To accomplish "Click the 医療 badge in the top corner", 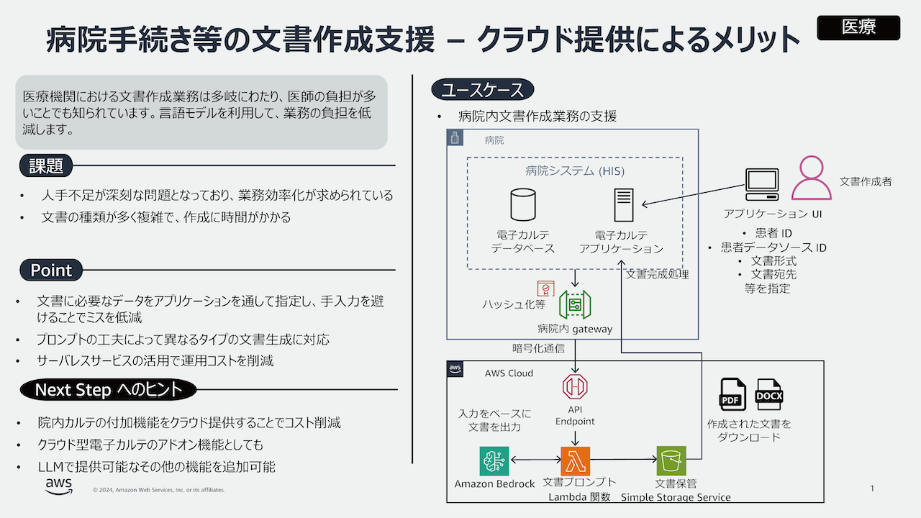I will tap(858, 27).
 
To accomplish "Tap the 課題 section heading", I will tap(47, 166).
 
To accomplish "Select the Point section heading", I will tap(51, 271).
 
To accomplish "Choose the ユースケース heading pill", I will tap(483, 90).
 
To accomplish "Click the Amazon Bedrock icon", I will tap(494, 460).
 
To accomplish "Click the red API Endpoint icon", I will tap(575, 386).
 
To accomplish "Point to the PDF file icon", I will tap(733, 395).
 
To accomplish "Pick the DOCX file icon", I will tap(769, 395).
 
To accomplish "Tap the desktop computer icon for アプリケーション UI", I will tap(762, 185).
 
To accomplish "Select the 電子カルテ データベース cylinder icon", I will tap(522, 204).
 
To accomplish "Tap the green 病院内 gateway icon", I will tap(575, 305).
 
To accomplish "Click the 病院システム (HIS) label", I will tap(574, 171).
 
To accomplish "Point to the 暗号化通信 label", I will tap(538, 348).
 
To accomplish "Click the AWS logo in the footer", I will tap(58, 487).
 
